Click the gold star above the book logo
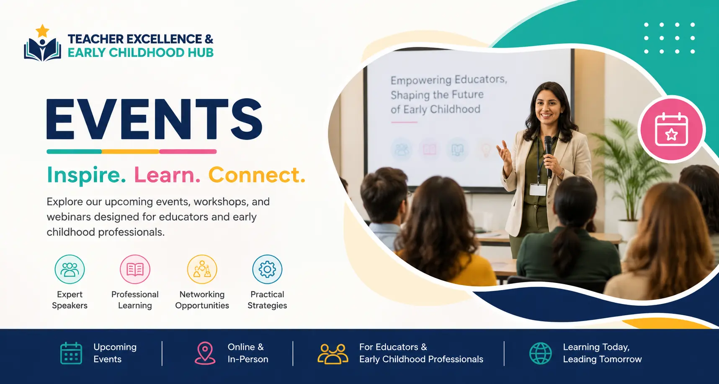coord(42,31)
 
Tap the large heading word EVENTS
coord(154,119)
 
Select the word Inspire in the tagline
coord(86,175)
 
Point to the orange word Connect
coord(257,175)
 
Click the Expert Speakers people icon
coord(70,269)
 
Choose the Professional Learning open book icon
coord(135,269)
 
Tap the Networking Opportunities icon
coord(202,269)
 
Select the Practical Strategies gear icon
coord(267,269)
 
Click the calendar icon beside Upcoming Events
coord(71,353)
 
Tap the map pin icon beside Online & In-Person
coord(205,353)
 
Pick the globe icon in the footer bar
coord(541,353)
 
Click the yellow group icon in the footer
coord(333,354)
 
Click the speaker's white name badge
coord(538,189)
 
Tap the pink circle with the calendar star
coord(672,130)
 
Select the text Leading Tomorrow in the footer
coord(602,359)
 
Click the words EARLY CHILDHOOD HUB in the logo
coord(141,53)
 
